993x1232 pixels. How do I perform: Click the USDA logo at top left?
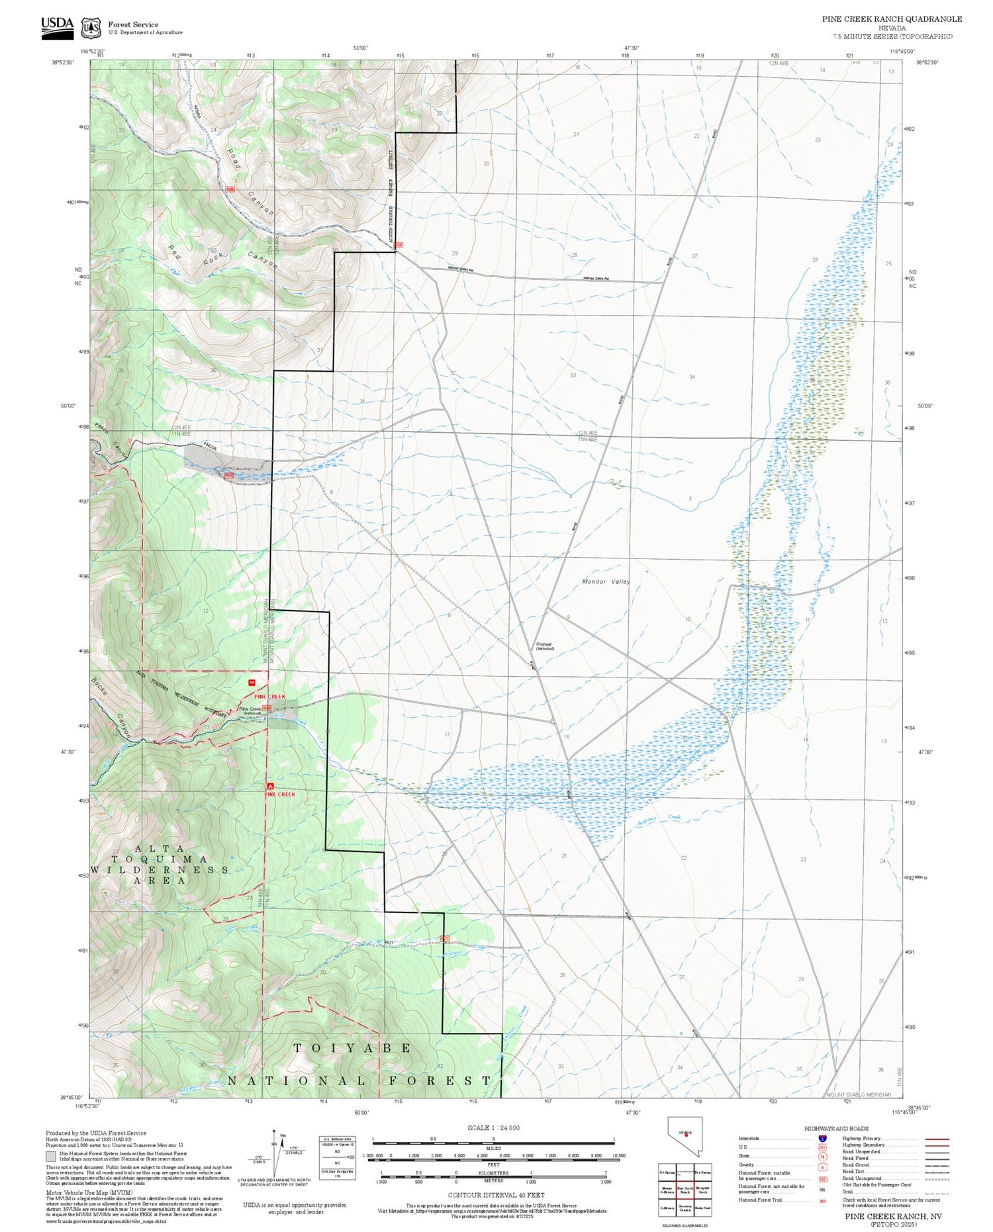[x=57, y=27]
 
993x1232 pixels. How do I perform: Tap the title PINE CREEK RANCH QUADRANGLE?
[x=892, y=19]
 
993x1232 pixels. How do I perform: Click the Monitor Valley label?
[x=606, y=582]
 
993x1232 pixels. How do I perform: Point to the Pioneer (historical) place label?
[x=544, y=646]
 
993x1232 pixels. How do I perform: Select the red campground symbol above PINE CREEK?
[x=269, y=786]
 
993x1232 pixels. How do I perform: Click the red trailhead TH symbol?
[x=251, y=682]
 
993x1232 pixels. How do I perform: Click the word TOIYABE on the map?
[x=352, y=1048]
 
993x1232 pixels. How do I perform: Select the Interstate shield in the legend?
[x=822, y=1139]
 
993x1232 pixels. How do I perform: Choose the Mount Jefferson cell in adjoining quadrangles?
[x=667, y=1190]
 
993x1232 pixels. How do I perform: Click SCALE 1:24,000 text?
[x=493, y=1127]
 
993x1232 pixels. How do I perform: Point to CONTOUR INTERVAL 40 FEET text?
[x=496, y=1195]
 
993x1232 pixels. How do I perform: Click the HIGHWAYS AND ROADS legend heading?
[x=836, y=1128]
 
